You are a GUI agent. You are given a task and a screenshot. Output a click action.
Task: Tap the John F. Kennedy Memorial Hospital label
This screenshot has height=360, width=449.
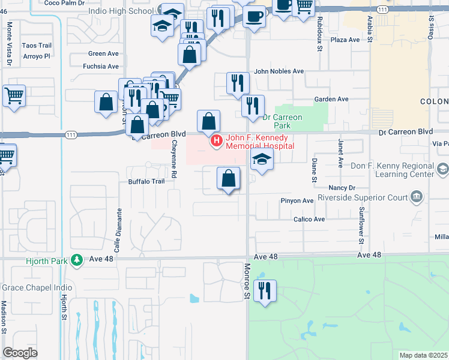pos(260,142)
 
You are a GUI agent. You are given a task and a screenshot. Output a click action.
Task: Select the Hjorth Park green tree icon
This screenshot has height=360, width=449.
pos(76,259)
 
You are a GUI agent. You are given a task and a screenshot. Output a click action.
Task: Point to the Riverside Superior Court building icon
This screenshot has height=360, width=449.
pos(416,197)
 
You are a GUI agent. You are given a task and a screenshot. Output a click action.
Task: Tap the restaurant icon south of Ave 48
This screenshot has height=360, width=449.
pos(264,290)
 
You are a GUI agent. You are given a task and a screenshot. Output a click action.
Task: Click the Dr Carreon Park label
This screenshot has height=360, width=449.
pos(281,122)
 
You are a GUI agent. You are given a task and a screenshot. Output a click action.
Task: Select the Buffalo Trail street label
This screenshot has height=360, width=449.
pos(145,181)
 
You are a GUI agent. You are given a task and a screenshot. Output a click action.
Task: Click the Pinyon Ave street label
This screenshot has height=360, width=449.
pos(297,200)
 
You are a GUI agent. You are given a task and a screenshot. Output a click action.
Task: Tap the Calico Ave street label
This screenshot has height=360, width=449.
pos(309,220)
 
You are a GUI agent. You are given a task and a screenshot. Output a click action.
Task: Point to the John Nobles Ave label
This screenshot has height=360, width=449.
pos(279,71)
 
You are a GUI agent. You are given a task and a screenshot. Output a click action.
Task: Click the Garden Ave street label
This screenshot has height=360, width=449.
pos(331,99)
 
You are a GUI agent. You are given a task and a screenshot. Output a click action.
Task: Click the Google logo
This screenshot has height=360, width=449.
pos(20,353)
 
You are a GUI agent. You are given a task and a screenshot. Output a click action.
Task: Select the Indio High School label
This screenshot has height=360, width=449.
pos(120,11)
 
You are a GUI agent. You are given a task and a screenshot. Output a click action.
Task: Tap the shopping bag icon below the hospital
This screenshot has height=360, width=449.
pos(228,179)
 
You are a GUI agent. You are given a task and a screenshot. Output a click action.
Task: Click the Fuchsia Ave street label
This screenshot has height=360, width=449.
pos(103,66)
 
